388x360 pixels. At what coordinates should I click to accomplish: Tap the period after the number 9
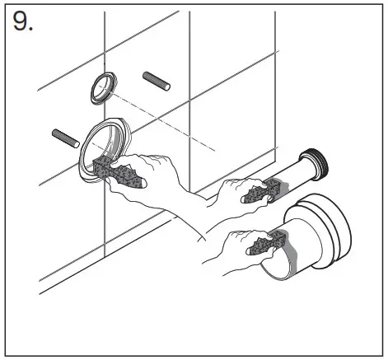(x=32, y=30)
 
